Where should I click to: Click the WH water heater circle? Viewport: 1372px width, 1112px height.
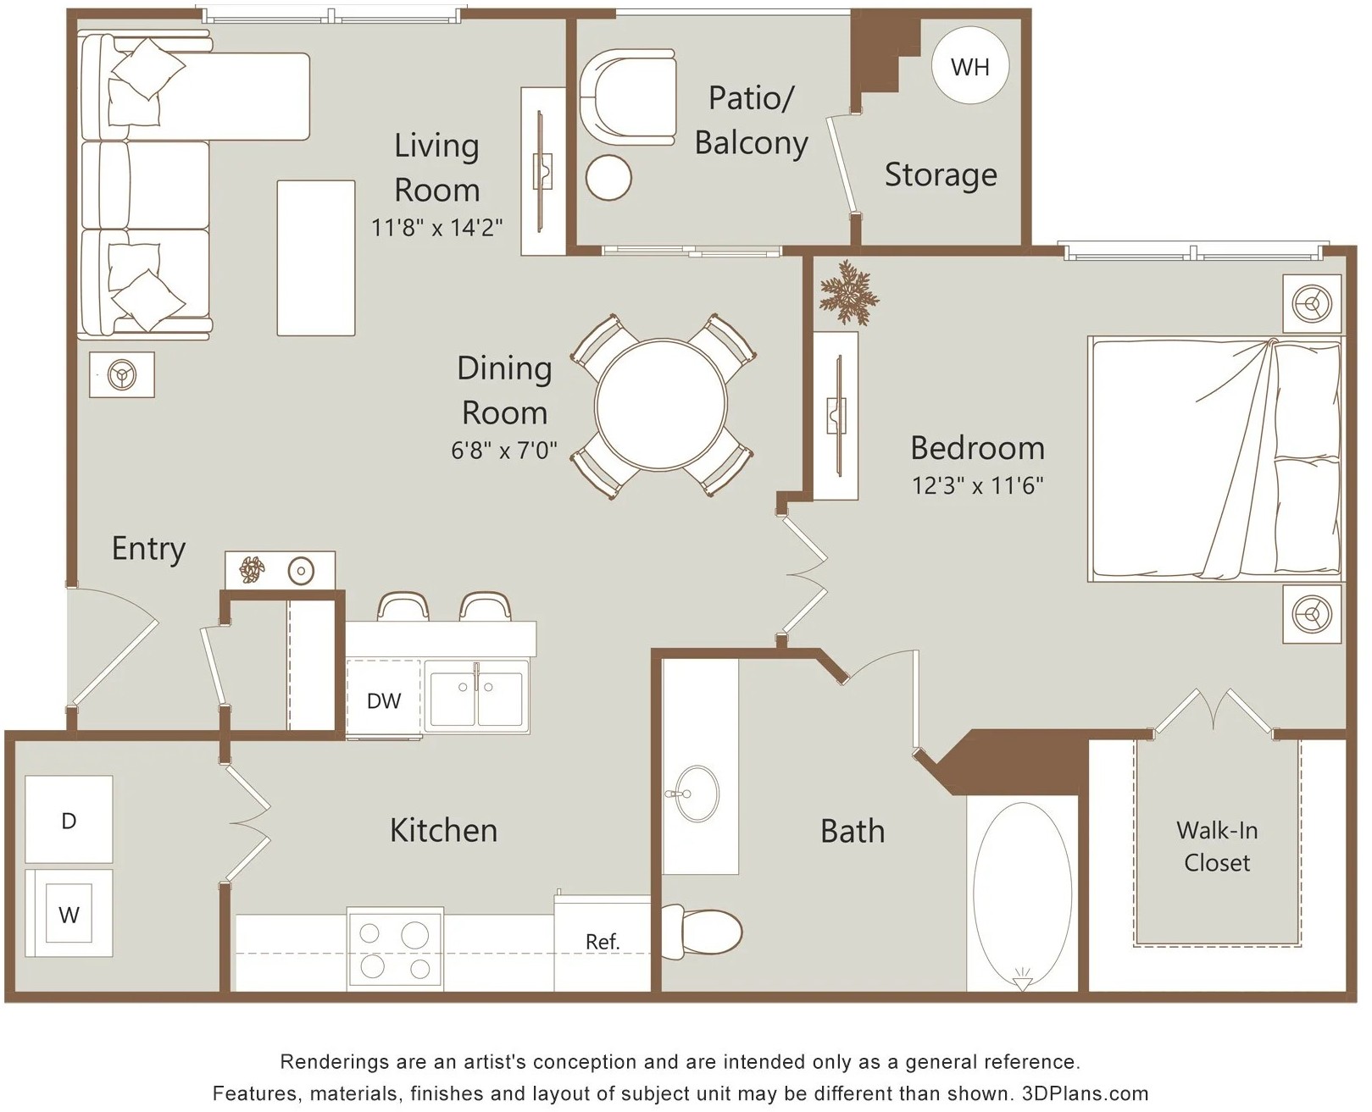coord(970,66)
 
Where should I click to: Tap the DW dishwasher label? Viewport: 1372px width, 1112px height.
coord(384,700)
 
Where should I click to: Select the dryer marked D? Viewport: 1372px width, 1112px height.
coord(69,819)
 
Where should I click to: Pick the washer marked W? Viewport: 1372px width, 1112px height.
coord(69,913)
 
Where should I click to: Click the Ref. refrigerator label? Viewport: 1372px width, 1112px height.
coord(603,942)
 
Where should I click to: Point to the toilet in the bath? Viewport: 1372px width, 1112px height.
coord(703,931)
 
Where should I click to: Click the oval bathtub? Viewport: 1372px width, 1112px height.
coord(1022,893)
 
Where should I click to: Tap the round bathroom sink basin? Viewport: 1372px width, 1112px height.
coord(697,793)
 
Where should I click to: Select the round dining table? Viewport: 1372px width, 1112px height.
coord(661,405)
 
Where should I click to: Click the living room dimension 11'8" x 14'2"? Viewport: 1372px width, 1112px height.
coord(436,227)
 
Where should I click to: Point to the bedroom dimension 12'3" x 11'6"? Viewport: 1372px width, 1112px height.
coord(977,484)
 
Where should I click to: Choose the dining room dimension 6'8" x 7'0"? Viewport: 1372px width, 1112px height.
coord(503,450)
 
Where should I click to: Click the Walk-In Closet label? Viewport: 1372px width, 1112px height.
coord(1217,846)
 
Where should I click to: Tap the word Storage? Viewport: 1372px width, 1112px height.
coord(941,174)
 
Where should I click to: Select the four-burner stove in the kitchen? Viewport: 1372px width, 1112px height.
coord(395,949)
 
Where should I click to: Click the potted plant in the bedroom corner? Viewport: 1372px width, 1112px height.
coord(848,293)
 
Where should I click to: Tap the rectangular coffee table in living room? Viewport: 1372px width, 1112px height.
coord(316,257)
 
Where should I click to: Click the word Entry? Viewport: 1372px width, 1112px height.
coord(149,549)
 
